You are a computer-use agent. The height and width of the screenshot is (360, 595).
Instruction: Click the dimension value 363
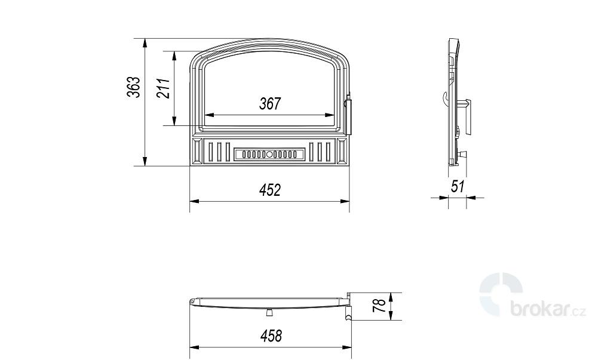[134, 87]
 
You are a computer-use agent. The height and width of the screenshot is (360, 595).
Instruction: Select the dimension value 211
[163, 88]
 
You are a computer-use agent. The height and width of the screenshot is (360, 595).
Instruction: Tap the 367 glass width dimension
[270, 103]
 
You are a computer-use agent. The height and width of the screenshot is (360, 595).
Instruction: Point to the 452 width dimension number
[270, 190]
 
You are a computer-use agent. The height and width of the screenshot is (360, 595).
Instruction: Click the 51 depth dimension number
[458, 186]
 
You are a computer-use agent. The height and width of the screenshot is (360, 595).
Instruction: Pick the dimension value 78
[379, 306]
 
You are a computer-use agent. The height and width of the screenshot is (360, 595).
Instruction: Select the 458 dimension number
[271, 336]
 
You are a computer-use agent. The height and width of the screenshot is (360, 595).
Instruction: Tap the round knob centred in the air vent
[269, 155]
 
